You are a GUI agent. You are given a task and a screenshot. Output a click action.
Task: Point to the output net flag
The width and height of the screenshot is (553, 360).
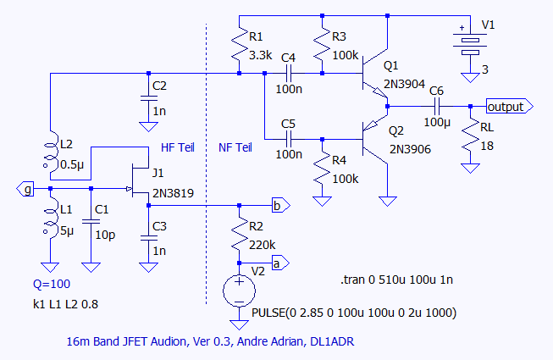tap(508, 106)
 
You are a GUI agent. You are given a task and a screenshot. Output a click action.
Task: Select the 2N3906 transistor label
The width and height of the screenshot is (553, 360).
tap(411, 149)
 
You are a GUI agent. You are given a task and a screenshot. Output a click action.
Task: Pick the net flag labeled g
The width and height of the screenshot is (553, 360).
tap(28, 189)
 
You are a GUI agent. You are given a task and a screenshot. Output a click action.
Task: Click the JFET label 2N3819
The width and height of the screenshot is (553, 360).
tap(173, 193)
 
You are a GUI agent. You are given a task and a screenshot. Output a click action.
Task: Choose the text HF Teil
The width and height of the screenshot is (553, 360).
tap(176, 147)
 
